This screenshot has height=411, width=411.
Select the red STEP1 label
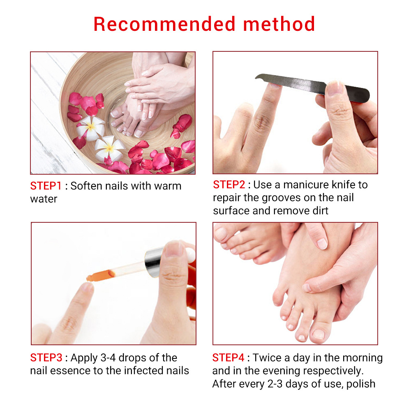pos(46,186)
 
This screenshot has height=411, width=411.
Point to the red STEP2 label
pos(229,185)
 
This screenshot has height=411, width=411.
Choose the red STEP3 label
pos(46,358)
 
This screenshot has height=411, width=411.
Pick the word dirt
pos(318,211)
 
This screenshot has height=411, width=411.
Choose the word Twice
pos(268,358)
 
